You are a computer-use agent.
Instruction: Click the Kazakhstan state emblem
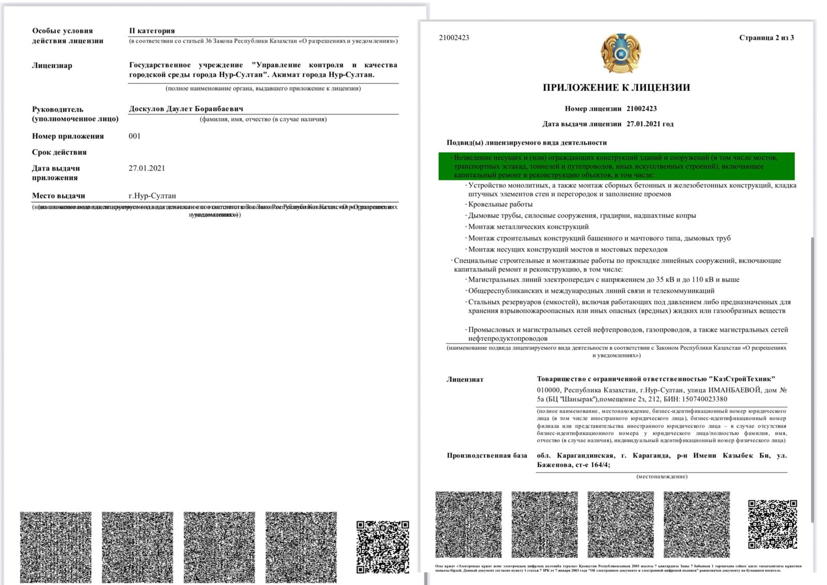tap(620, 53)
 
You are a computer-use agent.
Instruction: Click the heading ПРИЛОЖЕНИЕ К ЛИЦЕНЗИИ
tap(616, 87)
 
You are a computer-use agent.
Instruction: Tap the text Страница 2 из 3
tap(766, 38)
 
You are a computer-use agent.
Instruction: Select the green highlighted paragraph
tap(616, 166)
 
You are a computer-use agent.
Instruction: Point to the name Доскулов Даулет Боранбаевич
tap(186, 109)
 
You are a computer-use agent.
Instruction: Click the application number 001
tap(134, 136)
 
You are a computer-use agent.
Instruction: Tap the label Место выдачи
tap(58, 195)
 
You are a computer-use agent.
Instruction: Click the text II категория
tap(152, 30)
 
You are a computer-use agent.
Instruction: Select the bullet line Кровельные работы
tap(500, 204)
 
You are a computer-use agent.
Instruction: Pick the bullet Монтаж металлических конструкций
tap(528, 226)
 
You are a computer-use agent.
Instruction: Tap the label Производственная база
tap(487, 455)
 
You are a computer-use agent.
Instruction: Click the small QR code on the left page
tap(382, 547)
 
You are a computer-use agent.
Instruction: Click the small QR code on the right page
tap(772, 524)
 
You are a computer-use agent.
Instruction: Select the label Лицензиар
tap(52, 65)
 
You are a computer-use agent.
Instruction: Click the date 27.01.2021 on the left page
tap(147, 168)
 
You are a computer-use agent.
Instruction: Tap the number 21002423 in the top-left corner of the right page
tap(454, 38)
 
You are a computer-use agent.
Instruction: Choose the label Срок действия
tap(59, 152)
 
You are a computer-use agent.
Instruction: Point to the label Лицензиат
tap(465, 379)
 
